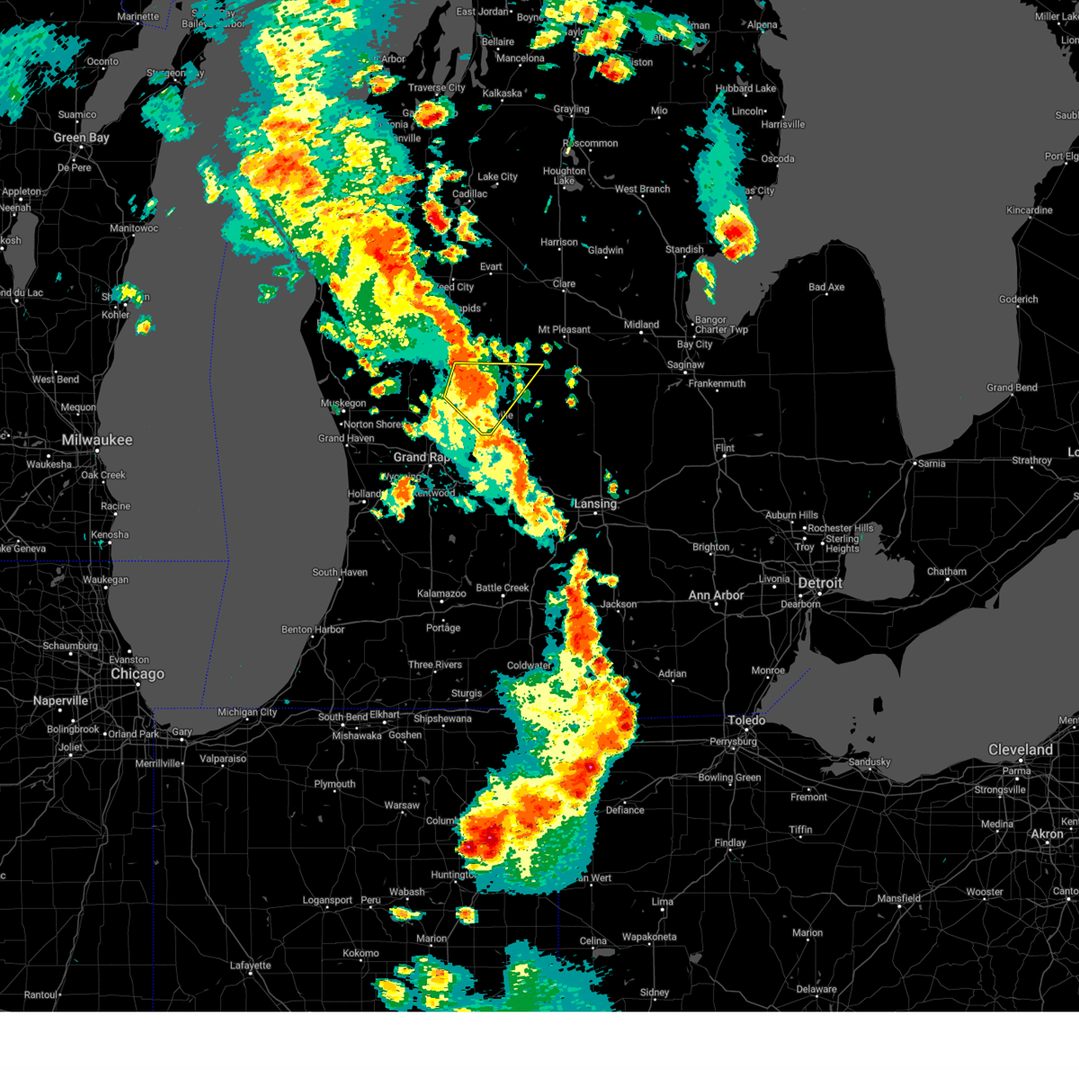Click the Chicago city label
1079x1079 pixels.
[x=138, y=673]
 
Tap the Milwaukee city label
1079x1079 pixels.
[x=97, y=440]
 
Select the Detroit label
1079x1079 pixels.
[x=820, y=583]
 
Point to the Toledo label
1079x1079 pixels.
[x=746, y=720]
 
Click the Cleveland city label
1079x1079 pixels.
[x=1021, y=749]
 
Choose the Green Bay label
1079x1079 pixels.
[x=81, y=138]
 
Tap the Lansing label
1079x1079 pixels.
[x=595, y=504]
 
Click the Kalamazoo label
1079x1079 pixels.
[x=441, y=593]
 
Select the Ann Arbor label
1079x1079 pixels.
[x=716, y=595]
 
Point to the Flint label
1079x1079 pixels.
[x=725, y=448]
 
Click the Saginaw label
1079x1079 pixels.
[x=685, y=365]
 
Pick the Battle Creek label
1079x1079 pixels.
[x=503, y=588]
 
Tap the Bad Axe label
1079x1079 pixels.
[x=826, y=288]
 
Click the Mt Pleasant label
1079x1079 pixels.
[x=565, y=330]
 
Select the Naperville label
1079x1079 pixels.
[x=61, y=700]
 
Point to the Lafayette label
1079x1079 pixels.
[x=250, y=966]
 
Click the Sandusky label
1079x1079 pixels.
[x=869, y=762]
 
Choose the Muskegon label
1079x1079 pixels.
[x=343, y=404]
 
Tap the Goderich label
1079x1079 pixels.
[x=1018, y=299]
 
